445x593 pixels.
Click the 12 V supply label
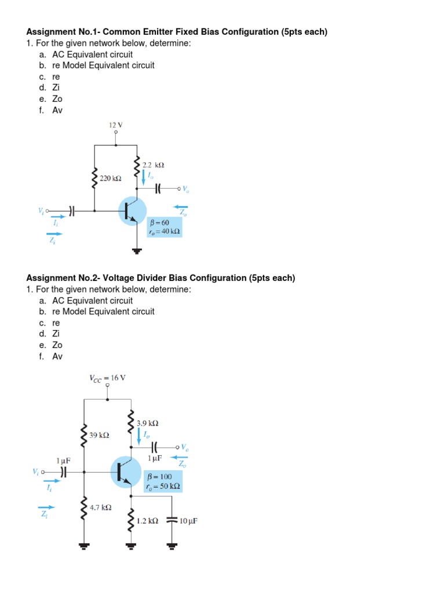pos(116,125)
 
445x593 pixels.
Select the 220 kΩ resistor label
pos(110,179)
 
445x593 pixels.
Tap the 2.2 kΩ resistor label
pos(154,165)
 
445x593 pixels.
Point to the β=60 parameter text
pos(159,222)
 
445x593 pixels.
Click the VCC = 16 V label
pos(107,378)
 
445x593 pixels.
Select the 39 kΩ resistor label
pos(99,434)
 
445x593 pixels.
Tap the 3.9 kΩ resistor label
pos(148,423)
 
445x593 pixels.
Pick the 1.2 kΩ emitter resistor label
pos(148,521)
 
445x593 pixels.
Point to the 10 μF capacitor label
pos(188,521)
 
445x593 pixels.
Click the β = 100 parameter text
pos(160,477)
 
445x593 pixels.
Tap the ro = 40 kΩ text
pos(165,232)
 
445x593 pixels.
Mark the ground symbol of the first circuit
pos(137,251)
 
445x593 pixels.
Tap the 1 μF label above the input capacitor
pos(63,460)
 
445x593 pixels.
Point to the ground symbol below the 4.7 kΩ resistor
pos(85,546)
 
